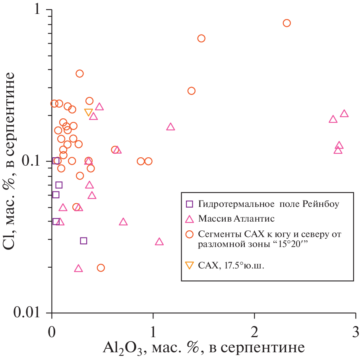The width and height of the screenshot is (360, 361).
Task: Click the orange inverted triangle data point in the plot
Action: [89, 112]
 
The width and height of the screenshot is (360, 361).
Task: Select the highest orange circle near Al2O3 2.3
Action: [286, 23]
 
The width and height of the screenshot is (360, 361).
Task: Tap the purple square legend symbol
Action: [190, 204]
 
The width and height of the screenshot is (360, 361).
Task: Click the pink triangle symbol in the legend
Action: [190, 218]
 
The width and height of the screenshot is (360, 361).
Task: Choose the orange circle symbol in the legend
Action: [190, 235]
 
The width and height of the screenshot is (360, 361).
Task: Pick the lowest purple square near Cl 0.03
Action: [83, 241]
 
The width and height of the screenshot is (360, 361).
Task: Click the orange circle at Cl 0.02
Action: [101, 268]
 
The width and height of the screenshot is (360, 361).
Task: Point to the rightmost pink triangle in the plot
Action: [344, 114]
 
